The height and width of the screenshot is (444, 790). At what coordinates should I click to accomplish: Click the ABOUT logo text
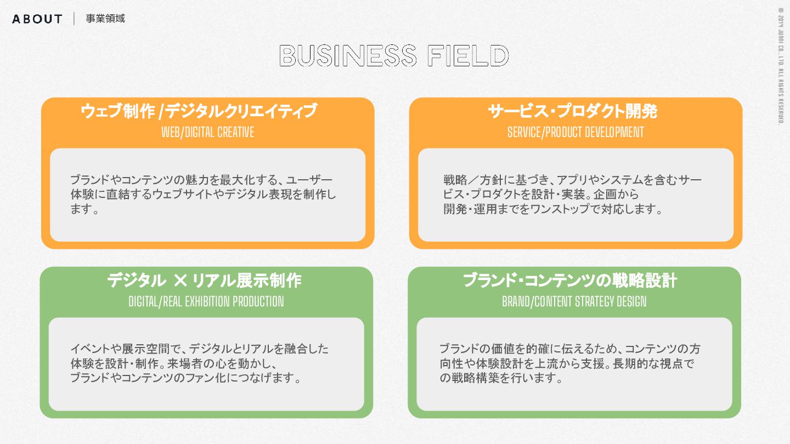tap(37, 19)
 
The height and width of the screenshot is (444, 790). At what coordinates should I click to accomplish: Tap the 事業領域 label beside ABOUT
tap(105, 19)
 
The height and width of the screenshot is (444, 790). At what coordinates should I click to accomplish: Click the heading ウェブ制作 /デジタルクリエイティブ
tap(199, 111)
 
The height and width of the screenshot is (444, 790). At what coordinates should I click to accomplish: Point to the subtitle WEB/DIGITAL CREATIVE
tap(208, 132)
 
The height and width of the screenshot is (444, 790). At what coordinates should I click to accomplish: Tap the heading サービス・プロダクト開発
tap(573, 111)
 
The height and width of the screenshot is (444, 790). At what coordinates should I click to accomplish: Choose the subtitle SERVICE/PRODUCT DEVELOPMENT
tap(575, 132)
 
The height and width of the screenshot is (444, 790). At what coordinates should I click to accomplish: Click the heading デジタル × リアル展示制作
tap(204, 281)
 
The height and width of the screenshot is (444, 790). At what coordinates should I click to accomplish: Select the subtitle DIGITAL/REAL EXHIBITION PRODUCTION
tap(206, 301)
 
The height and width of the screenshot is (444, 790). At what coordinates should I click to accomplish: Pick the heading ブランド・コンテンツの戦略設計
tap(570, 281)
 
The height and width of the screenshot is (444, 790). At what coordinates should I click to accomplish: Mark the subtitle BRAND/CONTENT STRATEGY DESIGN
tap(574, 301)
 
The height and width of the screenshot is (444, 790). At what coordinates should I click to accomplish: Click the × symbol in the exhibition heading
tap(180, 281)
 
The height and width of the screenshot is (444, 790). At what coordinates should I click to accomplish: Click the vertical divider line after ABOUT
tap(74, 19)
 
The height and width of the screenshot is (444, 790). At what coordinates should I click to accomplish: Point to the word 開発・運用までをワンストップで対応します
tap(553, 209)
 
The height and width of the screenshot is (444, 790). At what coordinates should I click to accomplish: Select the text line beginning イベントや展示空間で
tap(200, 349)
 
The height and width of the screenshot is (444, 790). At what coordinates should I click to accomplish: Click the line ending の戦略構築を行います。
tap(501, 378)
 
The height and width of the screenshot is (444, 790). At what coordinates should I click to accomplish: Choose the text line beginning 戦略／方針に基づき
tap(573, 180)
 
